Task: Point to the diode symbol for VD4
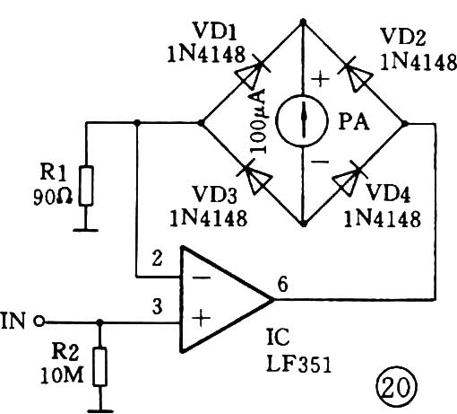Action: click(x=348, y=178)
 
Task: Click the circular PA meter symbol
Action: click(x=302, y=120)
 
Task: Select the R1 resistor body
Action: click(x=86, y=185)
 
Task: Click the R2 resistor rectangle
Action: click(x=100, y=366)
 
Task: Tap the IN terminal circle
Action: click(x=39, y=322)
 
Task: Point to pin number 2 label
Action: click(x=157, y=259)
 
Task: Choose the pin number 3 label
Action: click(x=157, y=306)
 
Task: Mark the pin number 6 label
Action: click(x=282, y=284)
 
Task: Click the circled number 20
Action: click(x=396, y=386)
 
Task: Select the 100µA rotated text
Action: click(x=258, y=121)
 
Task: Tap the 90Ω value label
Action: click(x=53, y=197)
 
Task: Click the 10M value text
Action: click(x=62, y=374)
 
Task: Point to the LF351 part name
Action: click(x=298, y=364)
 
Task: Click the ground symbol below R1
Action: click(x=86, y=230)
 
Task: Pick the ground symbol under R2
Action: click(x=100, y=411)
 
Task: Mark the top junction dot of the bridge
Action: click(x=303, y=22)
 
